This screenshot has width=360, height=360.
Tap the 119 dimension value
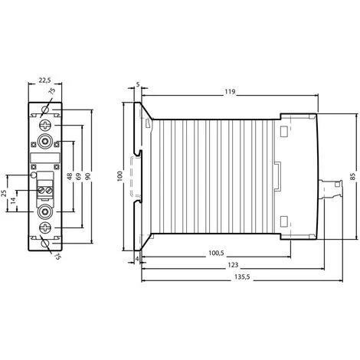[230, 92]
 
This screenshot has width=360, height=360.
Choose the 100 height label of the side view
[119, 176]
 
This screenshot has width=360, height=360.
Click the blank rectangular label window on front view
[44, 160]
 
